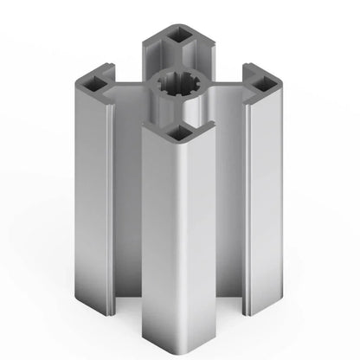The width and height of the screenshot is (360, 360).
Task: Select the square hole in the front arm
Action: click(179, 132)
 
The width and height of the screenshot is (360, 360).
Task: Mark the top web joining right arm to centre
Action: click(227, 87)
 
